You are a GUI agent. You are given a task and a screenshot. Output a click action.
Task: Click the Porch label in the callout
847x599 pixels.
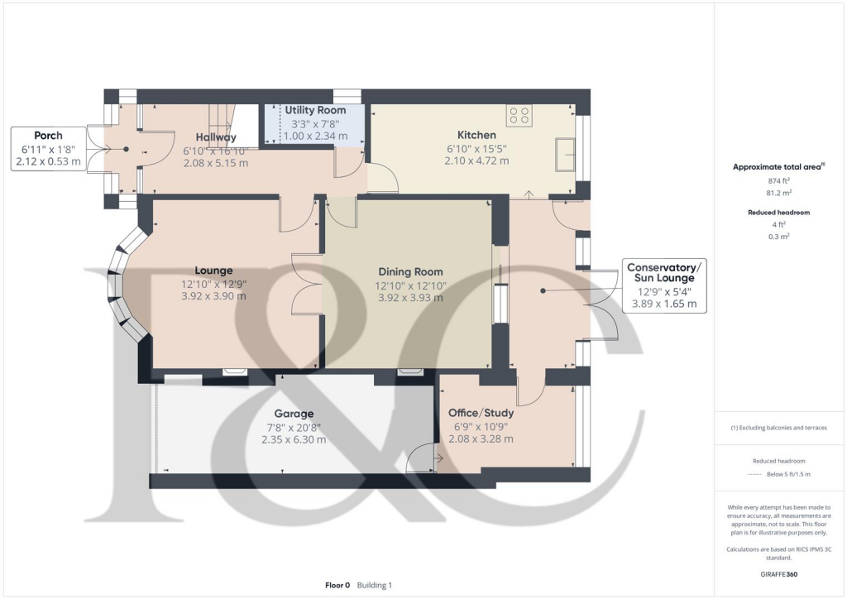(48, 135)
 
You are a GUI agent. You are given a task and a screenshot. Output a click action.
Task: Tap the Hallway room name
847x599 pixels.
(216, 137)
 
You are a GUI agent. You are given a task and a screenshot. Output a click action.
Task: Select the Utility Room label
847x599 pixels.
(315, 110)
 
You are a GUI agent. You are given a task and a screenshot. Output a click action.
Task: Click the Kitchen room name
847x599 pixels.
(476, 135)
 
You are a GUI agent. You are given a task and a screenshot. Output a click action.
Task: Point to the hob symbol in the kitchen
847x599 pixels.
(520, 116)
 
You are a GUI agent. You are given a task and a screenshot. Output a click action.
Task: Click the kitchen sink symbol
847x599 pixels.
(567, 154)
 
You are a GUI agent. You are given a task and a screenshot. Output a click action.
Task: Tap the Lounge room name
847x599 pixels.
(213, 270)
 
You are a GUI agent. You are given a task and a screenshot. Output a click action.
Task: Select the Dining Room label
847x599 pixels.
(410, 271)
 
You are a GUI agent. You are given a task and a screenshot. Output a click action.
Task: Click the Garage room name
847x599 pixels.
(295, 414)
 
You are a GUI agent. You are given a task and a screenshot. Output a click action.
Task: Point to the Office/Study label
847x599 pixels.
(481, 413)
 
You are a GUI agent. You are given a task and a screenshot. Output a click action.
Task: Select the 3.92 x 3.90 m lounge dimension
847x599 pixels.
(213, 297)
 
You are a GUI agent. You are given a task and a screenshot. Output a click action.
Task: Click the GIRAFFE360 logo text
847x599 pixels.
(778, 573)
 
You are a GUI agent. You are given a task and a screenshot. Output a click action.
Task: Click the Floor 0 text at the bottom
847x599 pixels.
(337, 585)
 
